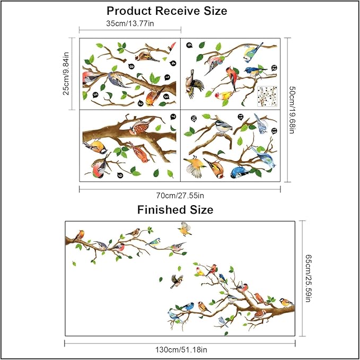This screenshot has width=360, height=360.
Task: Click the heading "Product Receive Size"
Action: coord(167,11)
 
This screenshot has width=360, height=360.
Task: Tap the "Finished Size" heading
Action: coord(175,210)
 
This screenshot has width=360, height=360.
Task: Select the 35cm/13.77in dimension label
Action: coord(130,23)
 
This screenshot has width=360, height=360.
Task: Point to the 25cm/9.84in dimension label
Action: coord(66,73)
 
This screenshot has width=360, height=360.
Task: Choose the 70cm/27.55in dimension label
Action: coord(181,195)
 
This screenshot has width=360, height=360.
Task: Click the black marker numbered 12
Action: coord(274,68)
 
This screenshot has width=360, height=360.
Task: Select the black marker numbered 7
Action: coord(173,117)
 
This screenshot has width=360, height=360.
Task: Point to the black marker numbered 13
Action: coord(274,130)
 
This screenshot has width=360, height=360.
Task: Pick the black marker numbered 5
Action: coord(95,95)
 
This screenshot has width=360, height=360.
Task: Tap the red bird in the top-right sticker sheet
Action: coord(232,75)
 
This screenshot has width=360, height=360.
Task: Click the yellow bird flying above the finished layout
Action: coord(185,228)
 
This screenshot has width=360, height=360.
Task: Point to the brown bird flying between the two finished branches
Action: coord(177,280)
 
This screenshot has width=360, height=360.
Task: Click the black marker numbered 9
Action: coord(120,176)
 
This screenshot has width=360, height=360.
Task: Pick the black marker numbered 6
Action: coord(189,45)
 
